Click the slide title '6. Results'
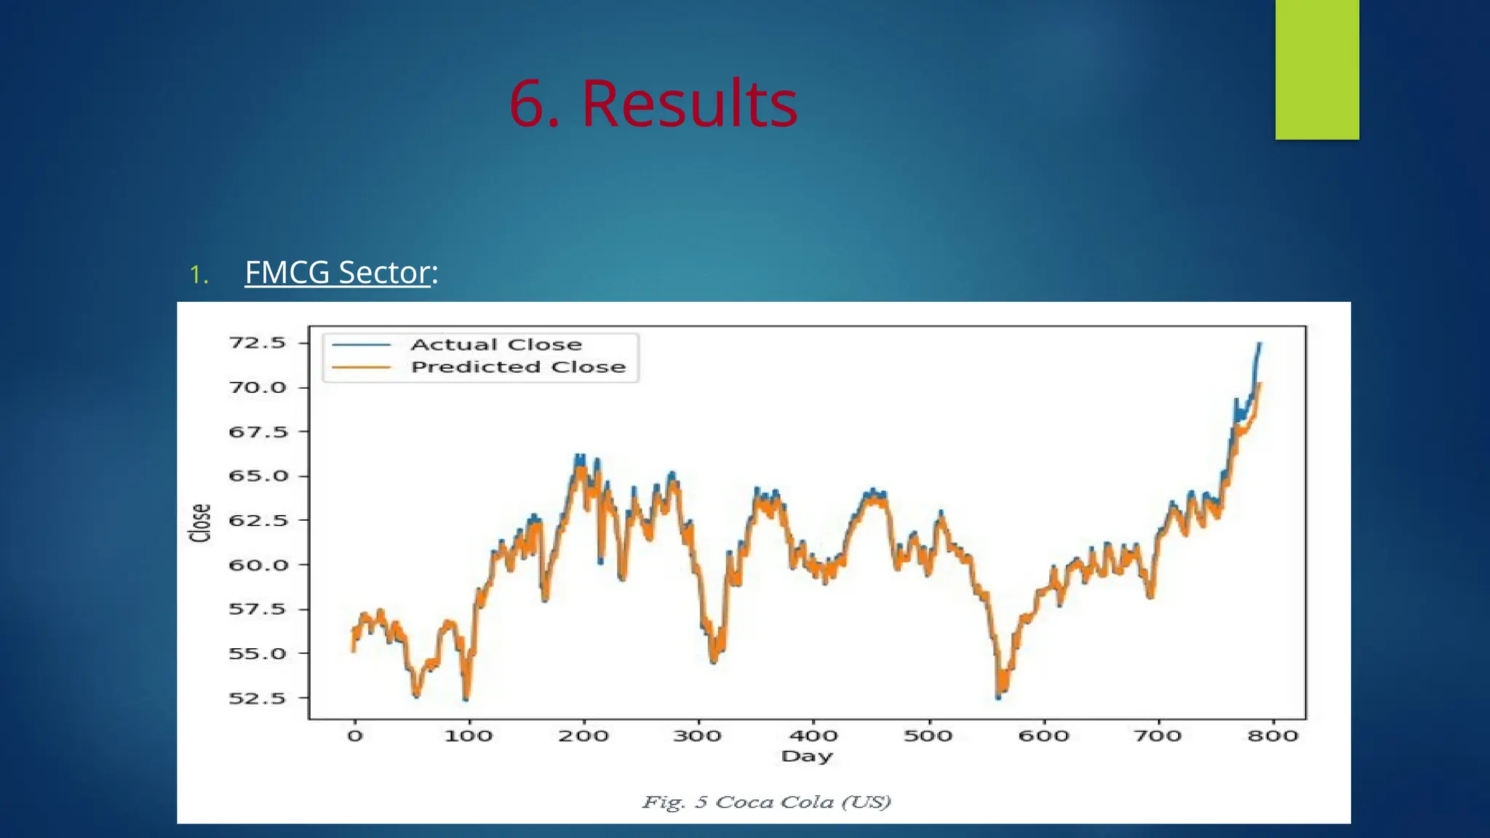point(653,104)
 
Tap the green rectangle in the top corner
point(1316,70)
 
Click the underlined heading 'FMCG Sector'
point(338,273)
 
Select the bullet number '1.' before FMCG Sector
point(199,275)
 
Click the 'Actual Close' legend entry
point(495,345)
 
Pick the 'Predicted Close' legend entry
point(517,367)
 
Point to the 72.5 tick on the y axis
point(258,343)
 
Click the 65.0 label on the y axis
point(258,476)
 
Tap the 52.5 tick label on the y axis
point(258,698)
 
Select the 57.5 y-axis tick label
point(258,610)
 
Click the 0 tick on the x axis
point(354,736)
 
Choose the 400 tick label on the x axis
point(813,736)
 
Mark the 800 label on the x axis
point(1272,736)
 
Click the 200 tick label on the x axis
point(583,736)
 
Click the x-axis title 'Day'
point(806,757)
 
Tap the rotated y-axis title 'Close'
point(200,523)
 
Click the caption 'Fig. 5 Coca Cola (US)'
point(766,802)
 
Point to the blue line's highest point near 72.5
point(1259,344)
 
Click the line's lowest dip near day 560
point(998,697)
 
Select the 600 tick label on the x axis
point(1043,736)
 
